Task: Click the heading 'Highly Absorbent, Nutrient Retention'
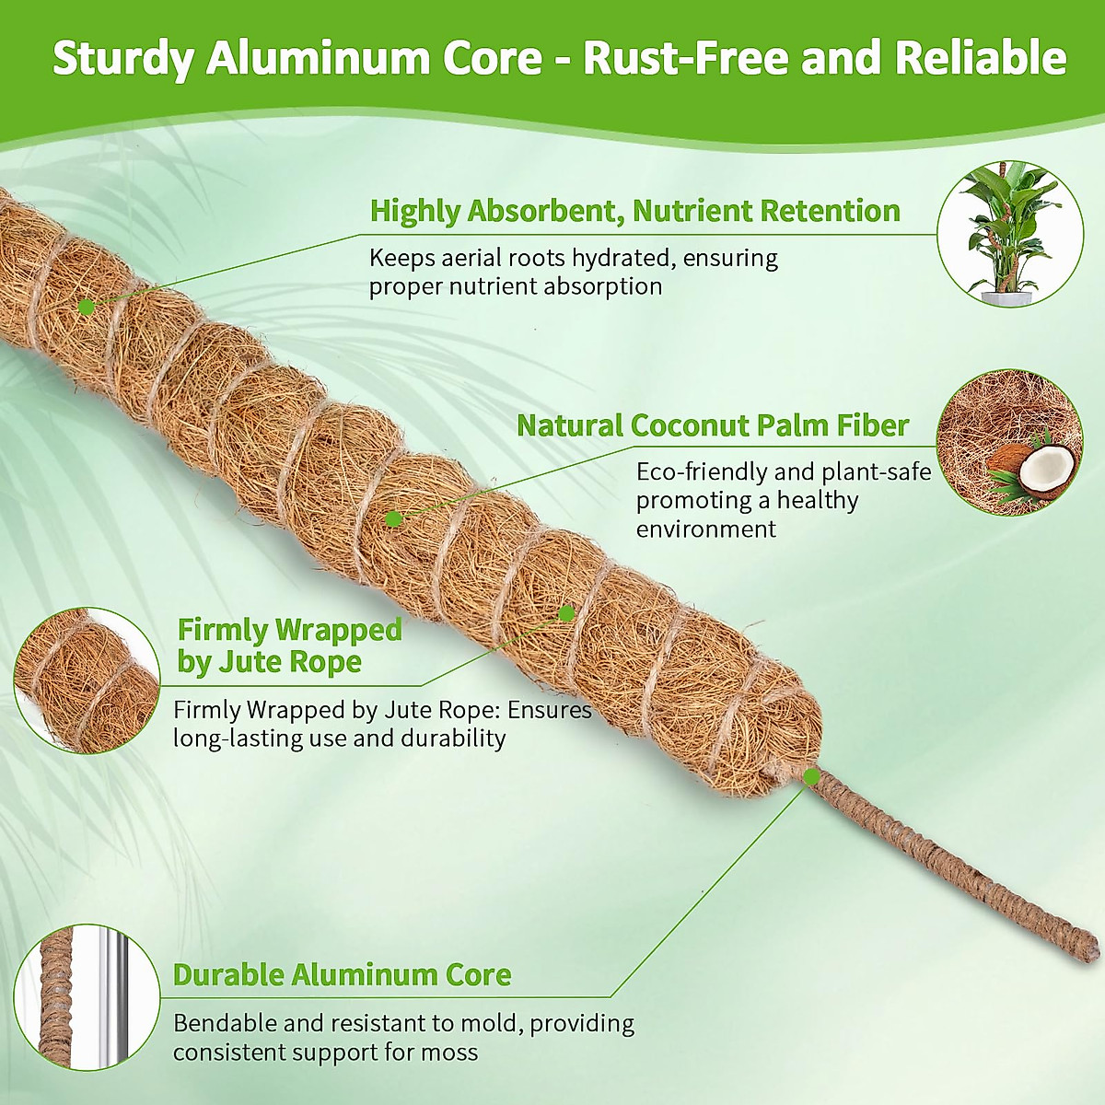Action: pos(634,211)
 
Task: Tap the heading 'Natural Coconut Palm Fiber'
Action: pos(712,425)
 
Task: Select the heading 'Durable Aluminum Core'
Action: pos(342,975)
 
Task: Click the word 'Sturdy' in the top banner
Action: pos(122,58)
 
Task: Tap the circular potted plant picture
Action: pos(1010,234)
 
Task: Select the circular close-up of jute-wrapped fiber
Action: pos(87,680)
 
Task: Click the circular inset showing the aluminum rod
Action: pos(87,997)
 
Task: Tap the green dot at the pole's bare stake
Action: pos(811,777)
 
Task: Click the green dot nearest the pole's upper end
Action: pos(87,305)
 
